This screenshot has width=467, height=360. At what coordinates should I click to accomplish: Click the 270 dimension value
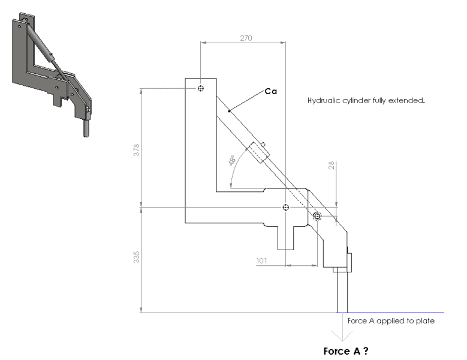click(x=246, y=38)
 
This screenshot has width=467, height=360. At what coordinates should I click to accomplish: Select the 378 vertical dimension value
click(x=137, y=150)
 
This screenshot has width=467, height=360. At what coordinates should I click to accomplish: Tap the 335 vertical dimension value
click(x=137, y=257)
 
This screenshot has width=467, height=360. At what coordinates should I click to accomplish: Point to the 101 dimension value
click(x=261, y=261)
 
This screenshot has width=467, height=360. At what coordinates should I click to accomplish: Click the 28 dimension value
click(x=331, y=166)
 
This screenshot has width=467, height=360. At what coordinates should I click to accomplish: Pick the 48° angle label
click(x=232, y=160)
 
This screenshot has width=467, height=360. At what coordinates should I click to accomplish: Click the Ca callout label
click(x=271, y=91)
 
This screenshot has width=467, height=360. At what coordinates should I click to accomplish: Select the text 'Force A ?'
click(x=346, y=351)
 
